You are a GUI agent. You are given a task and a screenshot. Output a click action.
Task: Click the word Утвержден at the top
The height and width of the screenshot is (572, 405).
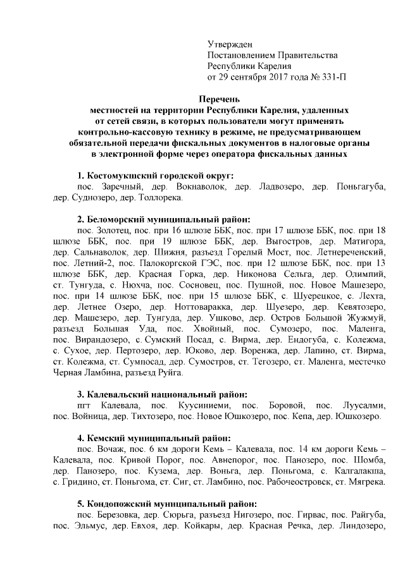[x=230, y=44]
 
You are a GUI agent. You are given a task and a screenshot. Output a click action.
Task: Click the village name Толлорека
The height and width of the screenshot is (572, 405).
[x=161, y=198]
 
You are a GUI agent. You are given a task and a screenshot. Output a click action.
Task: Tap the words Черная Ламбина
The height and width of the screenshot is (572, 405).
[x=84, y=374]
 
